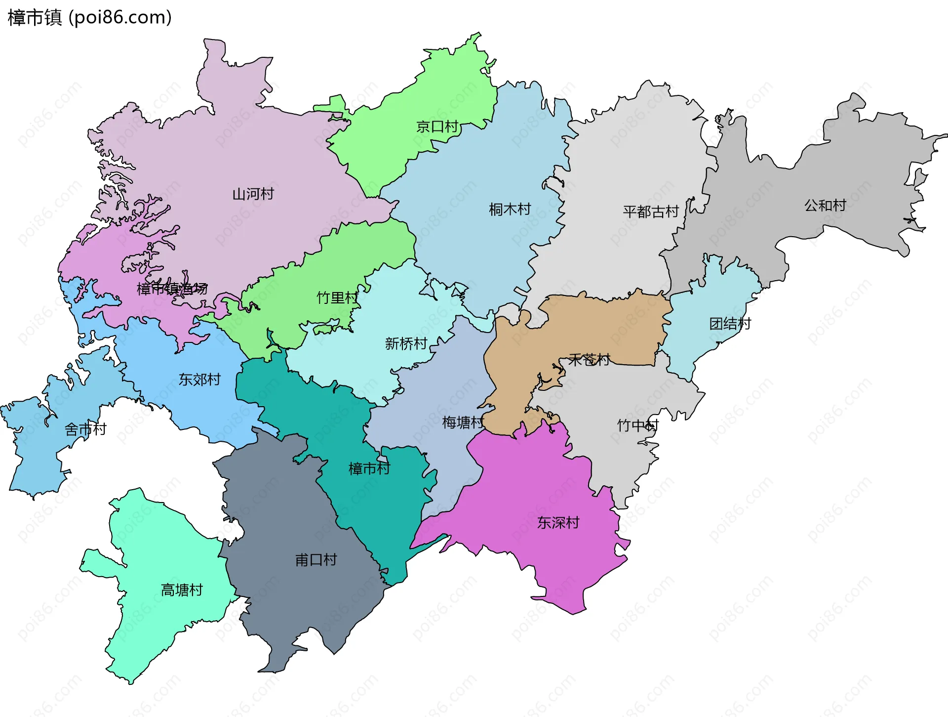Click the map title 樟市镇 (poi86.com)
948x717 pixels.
click(x=89, y=17)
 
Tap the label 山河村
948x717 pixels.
click(x=253, y=194)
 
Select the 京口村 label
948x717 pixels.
click(x=437, y=127)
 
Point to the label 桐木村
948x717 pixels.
click(x=510, y=210)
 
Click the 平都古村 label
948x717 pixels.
click(x=651, y=211)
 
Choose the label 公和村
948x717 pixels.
click(x=825, y=205)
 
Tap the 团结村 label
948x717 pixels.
click(x=730, y=324)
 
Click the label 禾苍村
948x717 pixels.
click(x=589, y=360)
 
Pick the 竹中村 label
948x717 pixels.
click(x=637, y=425)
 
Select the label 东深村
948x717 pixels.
click(x=558, y=522)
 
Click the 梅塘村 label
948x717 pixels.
click(x=463, y=422)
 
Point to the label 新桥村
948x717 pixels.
click(x=405, y=343)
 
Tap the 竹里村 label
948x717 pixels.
click(x=337, y=297)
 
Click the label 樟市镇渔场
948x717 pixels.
click(x=172, y=289)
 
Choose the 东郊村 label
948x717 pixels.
click(x=199, y=380)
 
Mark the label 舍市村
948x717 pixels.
click(x=85, y=429)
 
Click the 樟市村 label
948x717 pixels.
click(x=369, y=468)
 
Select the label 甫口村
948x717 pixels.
click(x=316, y=560)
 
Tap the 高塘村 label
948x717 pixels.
click(x=182, y=590)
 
